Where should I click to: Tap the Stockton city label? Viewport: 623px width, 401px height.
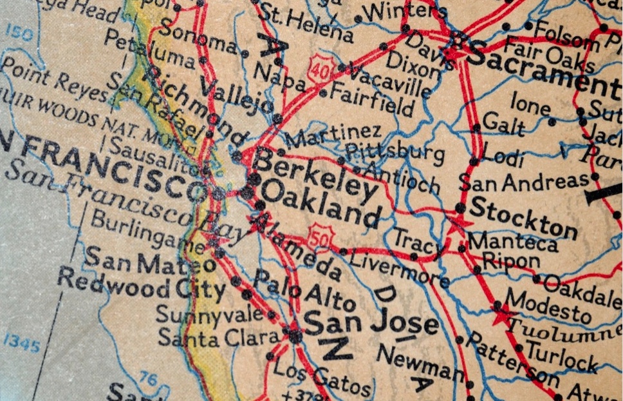523,218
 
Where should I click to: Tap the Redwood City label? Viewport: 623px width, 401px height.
141,284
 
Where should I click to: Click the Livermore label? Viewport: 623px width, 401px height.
399,270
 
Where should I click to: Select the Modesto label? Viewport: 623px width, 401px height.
548,304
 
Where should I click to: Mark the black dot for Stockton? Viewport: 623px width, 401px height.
460,208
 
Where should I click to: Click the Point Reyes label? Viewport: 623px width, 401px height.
54,79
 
